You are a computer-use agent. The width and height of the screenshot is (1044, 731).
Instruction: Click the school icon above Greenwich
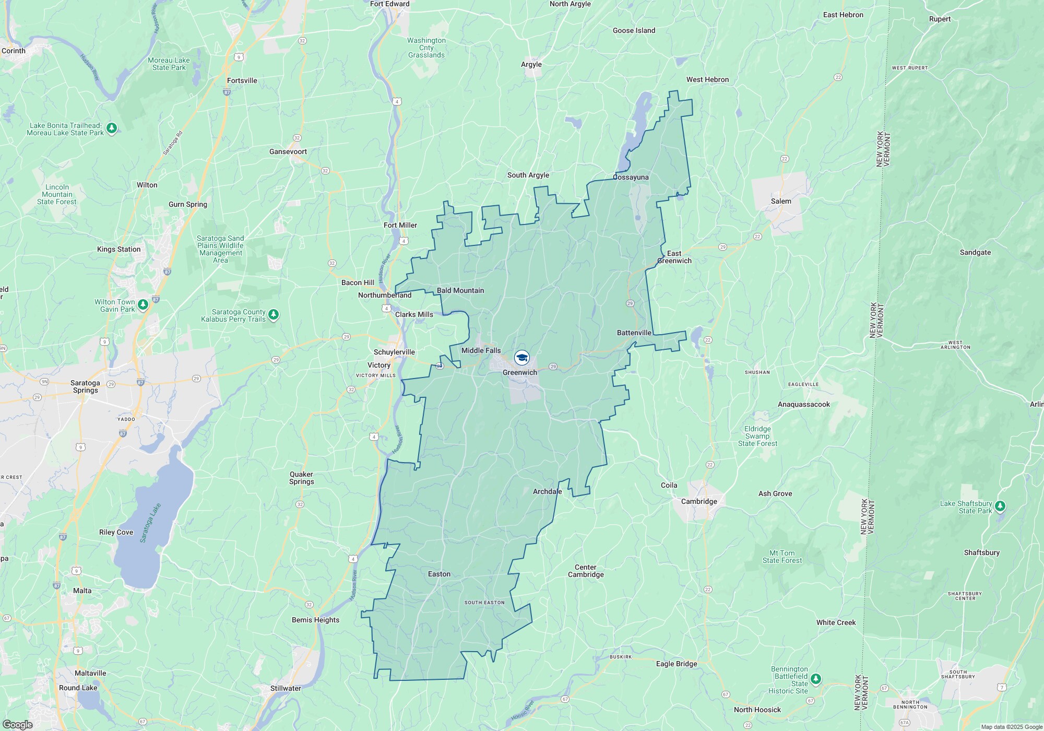[521, 358]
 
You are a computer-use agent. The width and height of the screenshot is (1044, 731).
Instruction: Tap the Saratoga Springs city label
[85, 386]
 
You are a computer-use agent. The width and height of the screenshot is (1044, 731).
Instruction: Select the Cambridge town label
[699, 501]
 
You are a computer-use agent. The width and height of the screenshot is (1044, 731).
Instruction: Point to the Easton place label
[439, 574]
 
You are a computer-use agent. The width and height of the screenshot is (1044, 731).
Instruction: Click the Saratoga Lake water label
[150, 523]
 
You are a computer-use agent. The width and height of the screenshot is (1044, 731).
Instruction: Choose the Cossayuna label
[631, 177]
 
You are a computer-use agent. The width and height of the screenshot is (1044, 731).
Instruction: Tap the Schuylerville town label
[394, 352]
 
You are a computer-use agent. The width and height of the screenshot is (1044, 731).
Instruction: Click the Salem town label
[781, 201]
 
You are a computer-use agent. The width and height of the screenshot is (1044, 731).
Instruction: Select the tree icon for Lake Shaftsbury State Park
[1000, 506]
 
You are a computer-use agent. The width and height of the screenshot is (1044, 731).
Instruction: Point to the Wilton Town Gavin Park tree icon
[143, 305]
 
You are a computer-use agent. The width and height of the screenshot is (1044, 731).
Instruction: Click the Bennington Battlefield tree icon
[816, 679]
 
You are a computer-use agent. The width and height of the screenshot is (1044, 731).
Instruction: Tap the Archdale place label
[547, 491]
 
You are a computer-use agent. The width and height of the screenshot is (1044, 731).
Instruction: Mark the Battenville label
[634, 333]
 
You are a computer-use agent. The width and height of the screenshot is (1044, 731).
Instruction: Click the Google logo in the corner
[18, 724]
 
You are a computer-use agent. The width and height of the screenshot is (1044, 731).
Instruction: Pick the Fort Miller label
[400, 225]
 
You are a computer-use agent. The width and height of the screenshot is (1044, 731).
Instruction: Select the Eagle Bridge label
[677, 664]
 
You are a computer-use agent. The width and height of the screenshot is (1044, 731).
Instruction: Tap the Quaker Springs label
[301, 478]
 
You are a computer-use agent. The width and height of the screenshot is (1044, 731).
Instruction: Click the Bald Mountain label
[460, 290]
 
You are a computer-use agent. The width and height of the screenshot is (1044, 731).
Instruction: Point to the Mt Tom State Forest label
[781, 557]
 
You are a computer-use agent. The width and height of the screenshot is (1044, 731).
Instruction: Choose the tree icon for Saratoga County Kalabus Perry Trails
[274, 315]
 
